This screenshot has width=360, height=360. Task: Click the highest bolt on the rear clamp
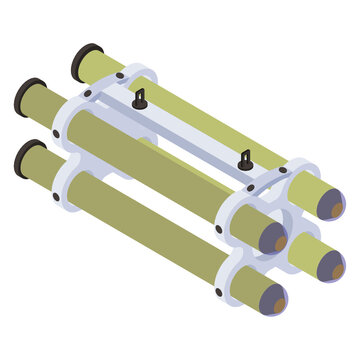click(120, 77)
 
